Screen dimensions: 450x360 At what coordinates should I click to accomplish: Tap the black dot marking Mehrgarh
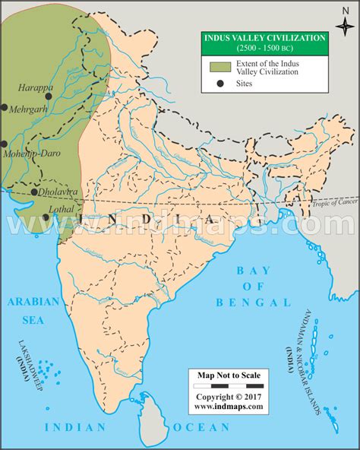5,108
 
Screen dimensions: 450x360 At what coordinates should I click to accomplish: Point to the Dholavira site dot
33,192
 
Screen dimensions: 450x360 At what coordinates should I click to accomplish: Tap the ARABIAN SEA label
33,308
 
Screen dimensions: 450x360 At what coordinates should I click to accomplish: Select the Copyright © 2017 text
228,397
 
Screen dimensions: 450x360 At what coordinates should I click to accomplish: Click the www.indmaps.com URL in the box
228,407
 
